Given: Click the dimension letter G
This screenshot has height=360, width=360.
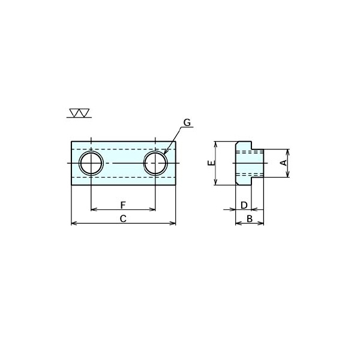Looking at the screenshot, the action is click(x=187, y=123).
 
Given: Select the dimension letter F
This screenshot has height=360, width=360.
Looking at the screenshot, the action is click(x=123, y=205).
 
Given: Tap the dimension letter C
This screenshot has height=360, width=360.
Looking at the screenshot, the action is click(x=123, y=218).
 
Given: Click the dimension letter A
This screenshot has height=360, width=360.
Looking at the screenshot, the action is click(x=284, y=163).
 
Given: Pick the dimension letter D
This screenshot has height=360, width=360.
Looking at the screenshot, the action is click(x=244, y=205).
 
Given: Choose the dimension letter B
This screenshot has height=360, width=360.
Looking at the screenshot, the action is click(x=250, y=218).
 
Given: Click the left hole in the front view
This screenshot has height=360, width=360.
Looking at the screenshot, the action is click(x=91, y=163).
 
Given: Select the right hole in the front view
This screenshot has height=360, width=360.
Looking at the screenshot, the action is click(x=155, y=163).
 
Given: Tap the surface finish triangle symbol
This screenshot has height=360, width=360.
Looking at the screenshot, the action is click(x=80, y=113).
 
